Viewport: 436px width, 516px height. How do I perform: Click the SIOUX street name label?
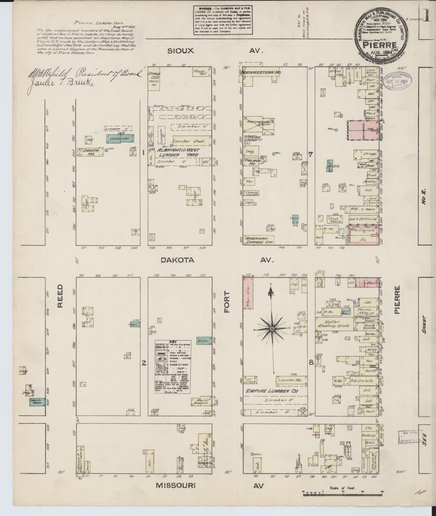180,51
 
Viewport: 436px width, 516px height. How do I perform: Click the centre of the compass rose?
272,328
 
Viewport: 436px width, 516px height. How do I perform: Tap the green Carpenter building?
120,139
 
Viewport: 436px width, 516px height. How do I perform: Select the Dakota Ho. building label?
90,152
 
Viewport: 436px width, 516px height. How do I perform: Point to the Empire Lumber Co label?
272,391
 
